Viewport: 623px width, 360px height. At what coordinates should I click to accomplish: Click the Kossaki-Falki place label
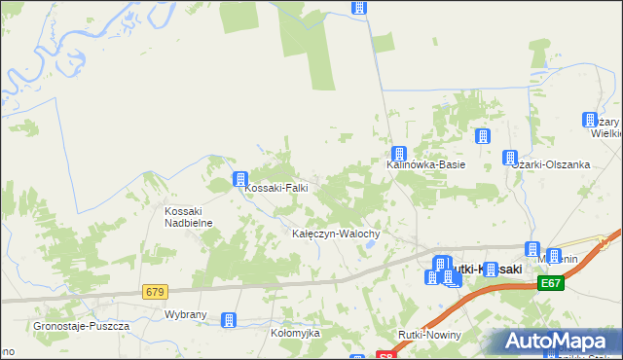coord(277,189)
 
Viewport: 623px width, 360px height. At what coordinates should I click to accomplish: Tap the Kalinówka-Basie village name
coord(426,165)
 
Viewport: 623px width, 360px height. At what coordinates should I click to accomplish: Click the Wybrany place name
coord(185,316)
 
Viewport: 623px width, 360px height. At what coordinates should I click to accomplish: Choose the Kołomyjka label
coord(295,333)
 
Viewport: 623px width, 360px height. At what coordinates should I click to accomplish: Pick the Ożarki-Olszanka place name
coord(552,164)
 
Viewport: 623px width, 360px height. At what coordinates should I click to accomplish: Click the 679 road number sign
coord(155,292)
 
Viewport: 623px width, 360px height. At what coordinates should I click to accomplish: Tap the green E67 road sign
coord(551,283)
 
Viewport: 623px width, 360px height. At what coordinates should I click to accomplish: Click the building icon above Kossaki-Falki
coord(239,178)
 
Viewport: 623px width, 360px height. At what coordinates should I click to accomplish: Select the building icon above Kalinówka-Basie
coord(399,154)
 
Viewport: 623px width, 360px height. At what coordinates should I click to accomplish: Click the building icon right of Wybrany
coord(229,319)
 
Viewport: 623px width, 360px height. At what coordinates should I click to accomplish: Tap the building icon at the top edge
coord(359,7)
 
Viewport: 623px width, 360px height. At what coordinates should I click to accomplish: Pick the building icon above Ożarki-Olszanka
coord(510,158)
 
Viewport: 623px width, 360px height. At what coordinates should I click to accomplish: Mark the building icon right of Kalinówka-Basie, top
coord(482,137)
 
